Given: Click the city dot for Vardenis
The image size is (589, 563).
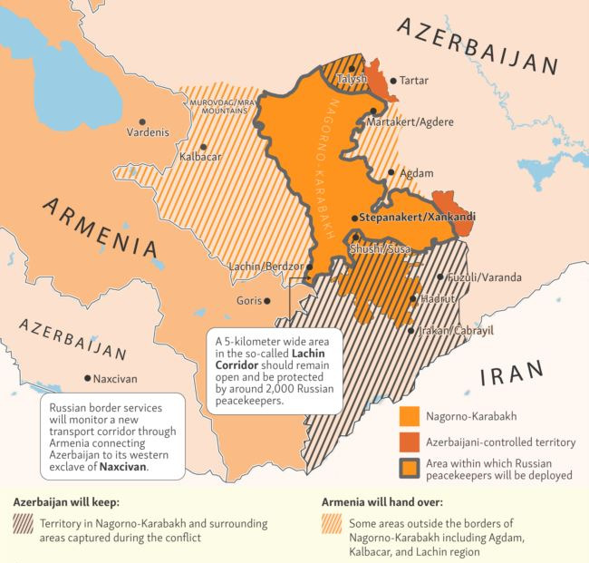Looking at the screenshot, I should click(141, 120).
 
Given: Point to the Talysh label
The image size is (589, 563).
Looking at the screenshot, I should click(351, 80).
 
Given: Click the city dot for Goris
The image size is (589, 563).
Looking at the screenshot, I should click(266, 300).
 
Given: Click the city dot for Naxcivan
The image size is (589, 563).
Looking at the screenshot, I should click(87, 378).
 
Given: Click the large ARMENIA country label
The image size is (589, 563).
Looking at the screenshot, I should click(95, 226).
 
